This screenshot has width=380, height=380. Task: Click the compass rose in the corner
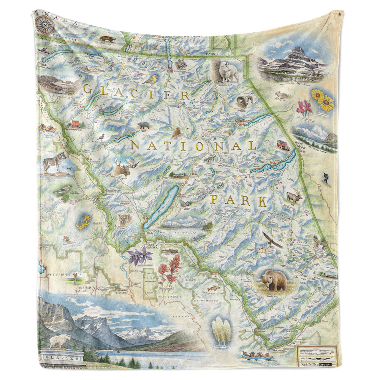tap(46, 25)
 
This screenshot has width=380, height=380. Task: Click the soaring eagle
tap(272, 240)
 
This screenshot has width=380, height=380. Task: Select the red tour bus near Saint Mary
tap(282, 145)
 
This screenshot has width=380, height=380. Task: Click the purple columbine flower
tap(136, 255)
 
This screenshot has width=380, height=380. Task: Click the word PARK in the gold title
tap(239, 200)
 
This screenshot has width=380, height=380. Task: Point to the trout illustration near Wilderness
tap(214, 288)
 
